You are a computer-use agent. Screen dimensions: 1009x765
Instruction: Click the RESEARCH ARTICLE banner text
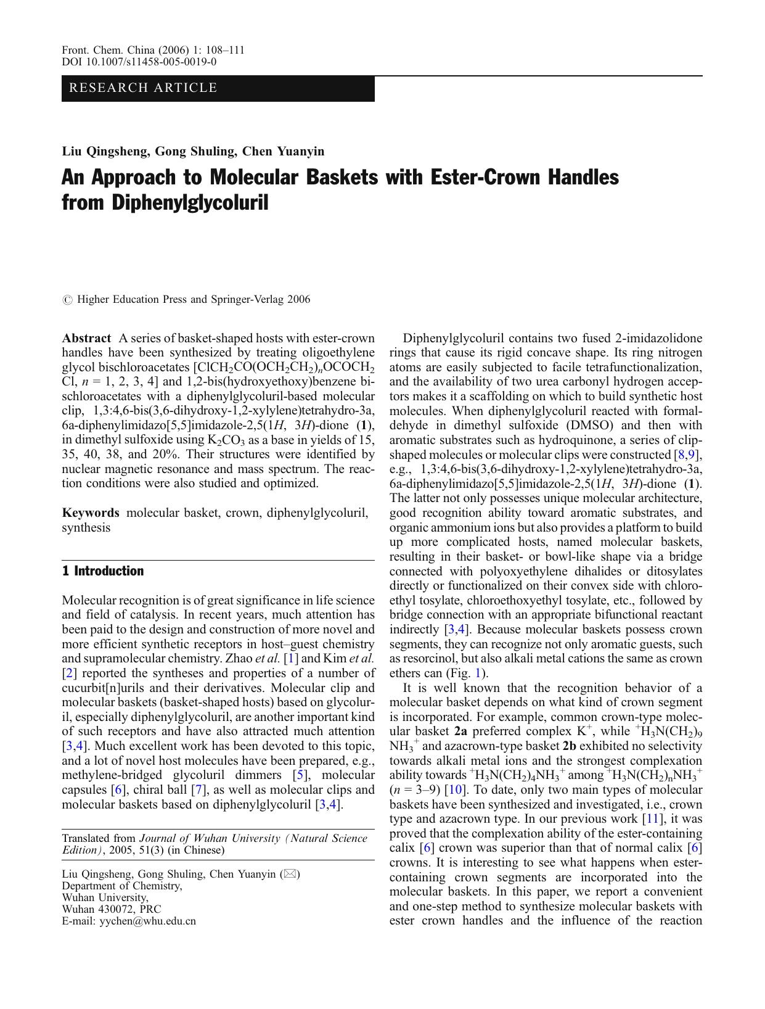pos(143,88)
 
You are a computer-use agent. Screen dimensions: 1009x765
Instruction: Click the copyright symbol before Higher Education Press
pos(67,300)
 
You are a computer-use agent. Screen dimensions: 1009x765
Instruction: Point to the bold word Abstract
pos(86,338)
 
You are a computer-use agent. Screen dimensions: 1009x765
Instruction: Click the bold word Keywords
pos(91,513)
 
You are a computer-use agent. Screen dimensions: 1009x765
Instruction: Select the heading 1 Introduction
pos(103,571)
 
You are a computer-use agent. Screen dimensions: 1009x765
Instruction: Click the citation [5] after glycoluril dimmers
pos(298,775)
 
